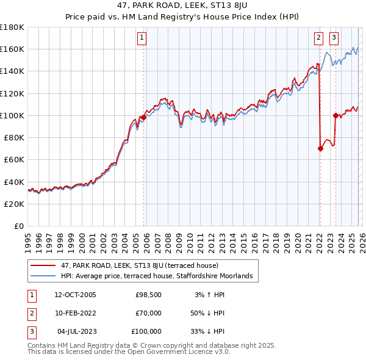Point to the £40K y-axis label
[x=14, y=182]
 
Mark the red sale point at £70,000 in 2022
[x=320, y=148]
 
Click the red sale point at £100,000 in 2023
[x=335, y=115]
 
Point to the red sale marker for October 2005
[x=143, y=117]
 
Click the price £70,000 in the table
[x=148, y=313]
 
